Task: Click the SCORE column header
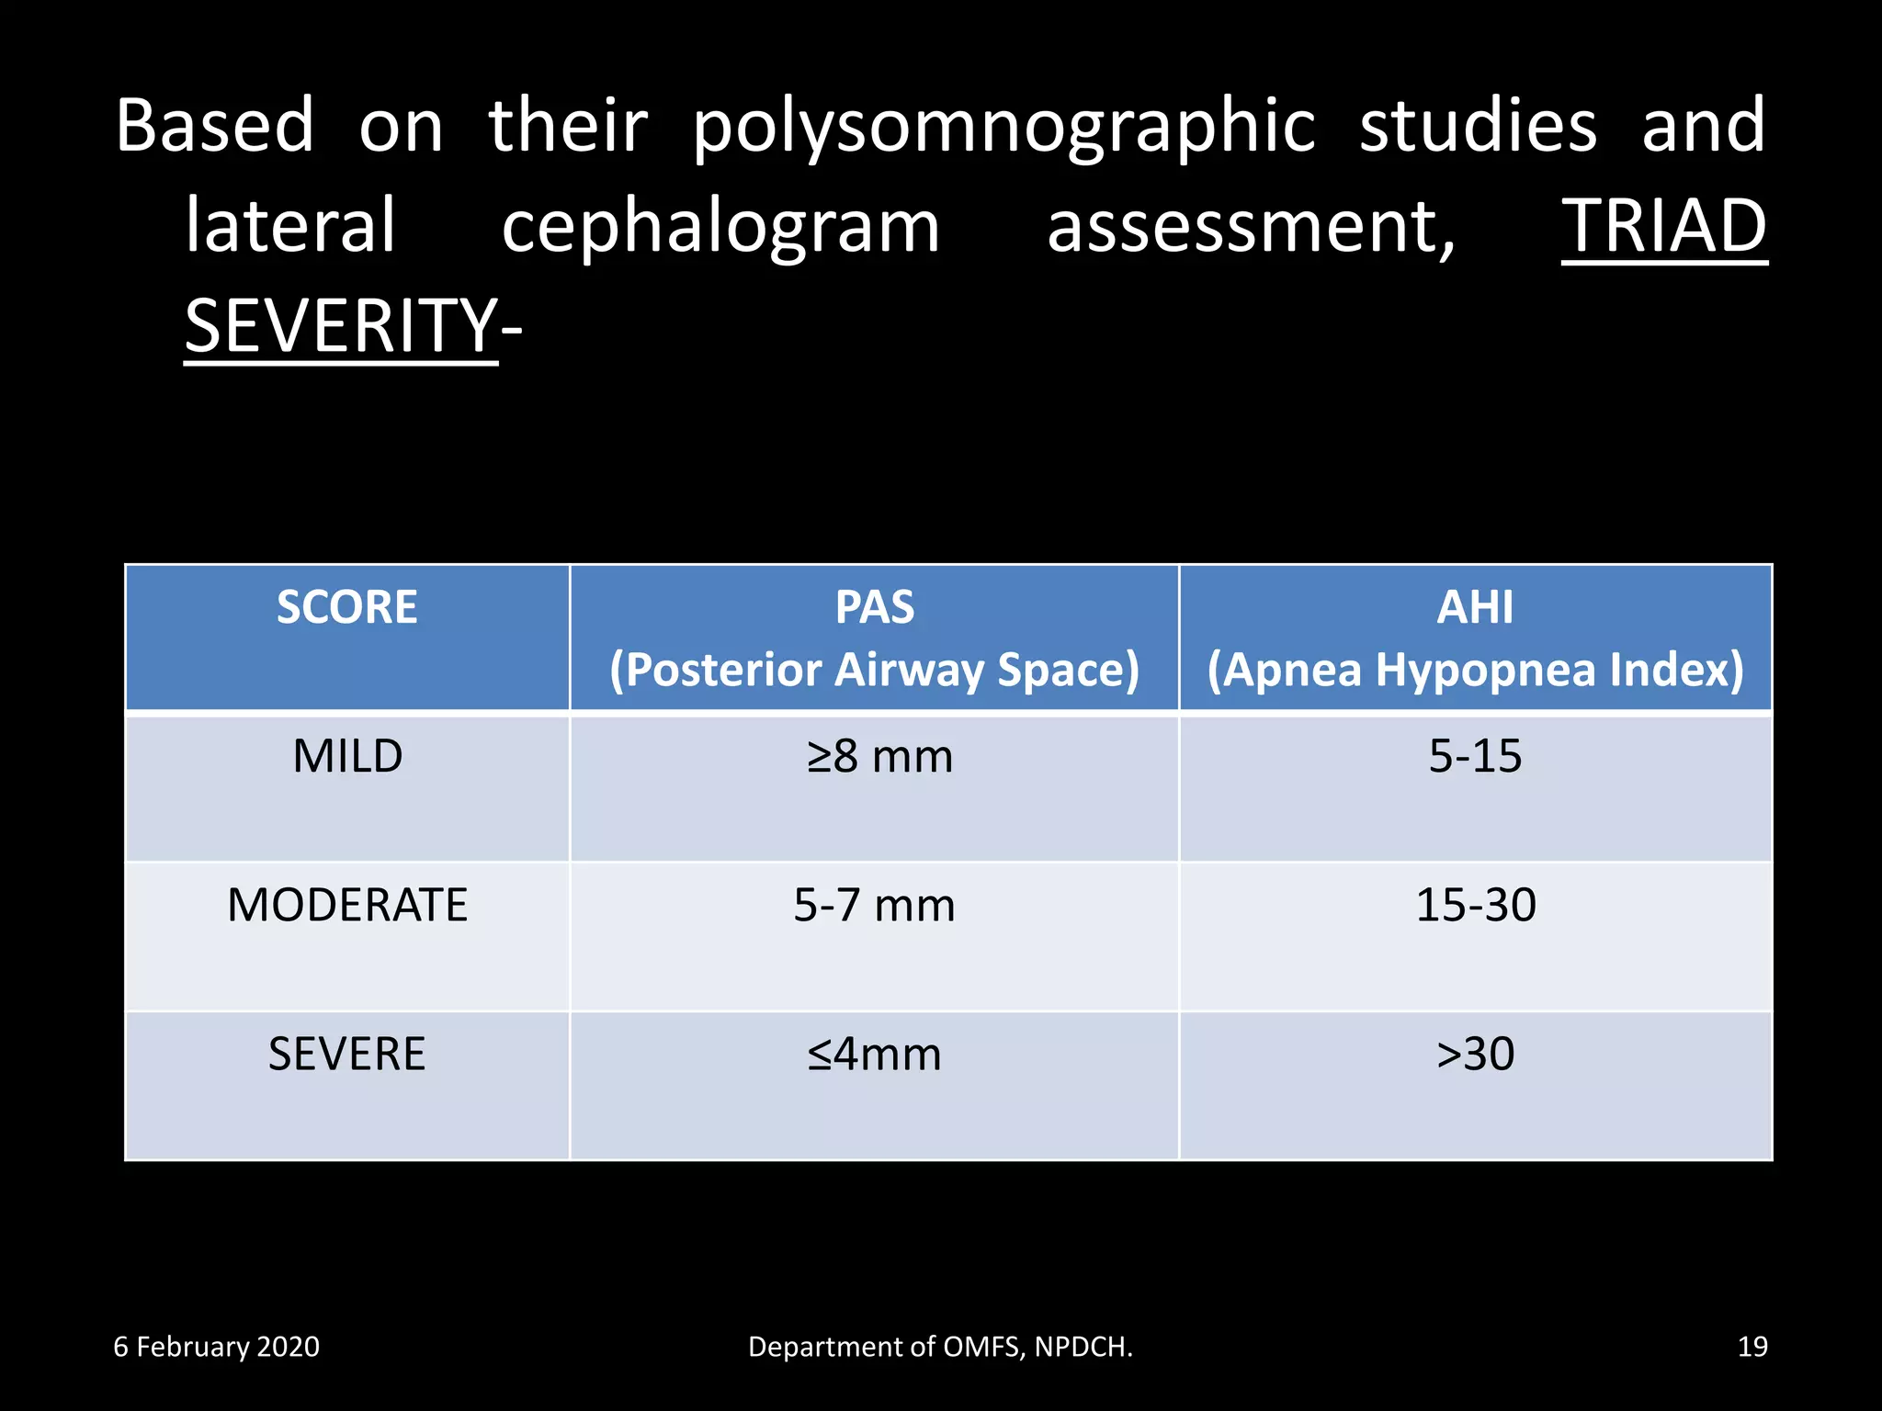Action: (347, 608)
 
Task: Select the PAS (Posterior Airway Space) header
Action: (874, 638)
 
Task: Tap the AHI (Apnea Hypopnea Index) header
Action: (1475, 638)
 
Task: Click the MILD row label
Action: (347, 757)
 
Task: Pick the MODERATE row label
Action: (347, 906)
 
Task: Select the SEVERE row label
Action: (347, 1055)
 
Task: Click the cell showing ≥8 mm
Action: (879, 757)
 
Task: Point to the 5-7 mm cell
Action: (874, 906)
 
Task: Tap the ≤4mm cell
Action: (874, 1055)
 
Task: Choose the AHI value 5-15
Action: (1475, 757)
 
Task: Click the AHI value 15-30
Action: (1475, 906)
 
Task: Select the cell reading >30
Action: (1475, 1055)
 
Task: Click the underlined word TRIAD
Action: (1664, 227)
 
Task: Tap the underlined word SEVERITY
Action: (341, 326)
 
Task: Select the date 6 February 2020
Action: (216, 1347)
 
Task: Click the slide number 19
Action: (1752, 1347)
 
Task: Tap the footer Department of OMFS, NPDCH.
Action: (940, 1347)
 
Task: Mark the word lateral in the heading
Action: (290, 227)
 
